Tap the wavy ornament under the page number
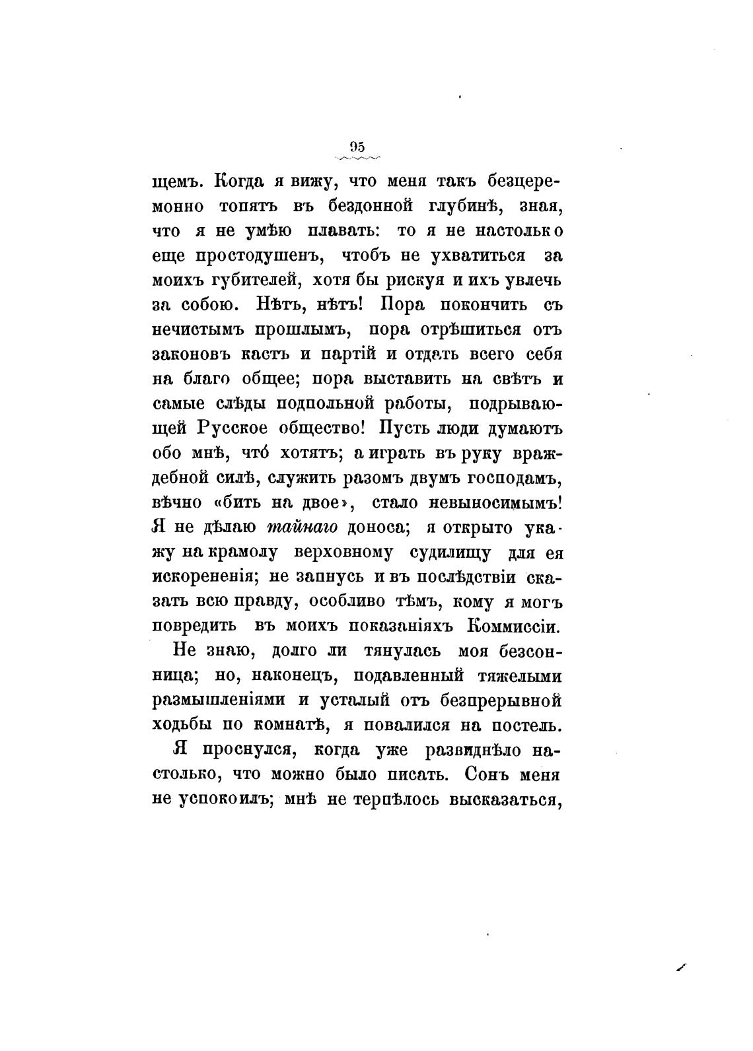(x=358, y=158)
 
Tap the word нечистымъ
(x=196, y=330)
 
